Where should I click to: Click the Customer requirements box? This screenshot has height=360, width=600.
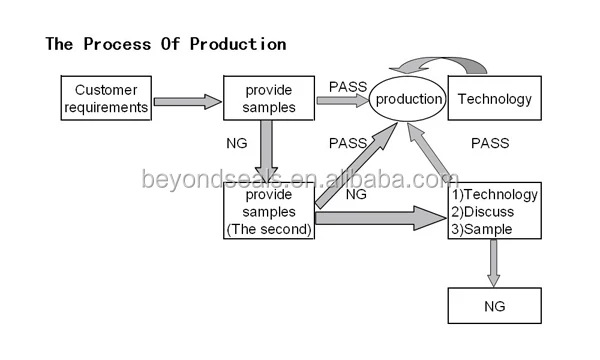click(105, 98)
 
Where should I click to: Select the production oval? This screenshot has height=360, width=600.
click(407, 98)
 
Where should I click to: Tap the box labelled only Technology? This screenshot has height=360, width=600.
click(494, 98)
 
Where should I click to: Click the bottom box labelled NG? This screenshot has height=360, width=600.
click(494, 305)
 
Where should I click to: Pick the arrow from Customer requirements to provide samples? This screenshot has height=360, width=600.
click(187, 101)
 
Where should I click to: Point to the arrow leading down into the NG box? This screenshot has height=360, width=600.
click(494, 263)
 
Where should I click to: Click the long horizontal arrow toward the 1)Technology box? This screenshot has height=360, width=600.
click(380, 217)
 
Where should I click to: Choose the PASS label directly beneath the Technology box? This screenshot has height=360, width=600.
click(491, 144)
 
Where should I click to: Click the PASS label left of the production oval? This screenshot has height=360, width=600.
click(348, 86)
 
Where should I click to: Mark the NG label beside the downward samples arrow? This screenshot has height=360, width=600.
click(237, 144)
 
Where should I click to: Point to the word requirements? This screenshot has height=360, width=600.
click(105, 107)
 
